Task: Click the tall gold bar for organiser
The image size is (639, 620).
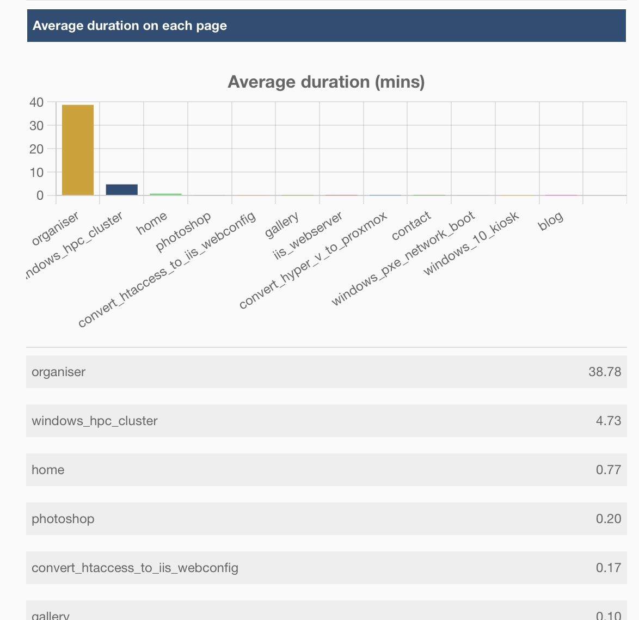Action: click(x=78, y=150)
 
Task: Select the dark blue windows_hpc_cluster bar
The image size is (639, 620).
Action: click(x=121, y=189)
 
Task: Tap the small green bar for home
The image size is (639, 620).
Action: click(x=165, y=194)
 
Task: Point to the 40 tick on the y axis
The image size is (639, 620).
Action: click(x=36, y=102)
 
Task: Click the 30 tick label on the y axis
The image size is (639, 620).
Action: click(x=36, y=126)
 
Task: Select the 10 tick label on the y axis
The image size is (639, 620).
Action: click(x=36, y=173)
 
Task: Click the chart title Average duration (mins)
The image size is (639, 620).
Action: click(x=326, y=82)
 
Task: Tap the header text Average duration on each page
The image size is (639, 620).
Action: click(x=130, y=26)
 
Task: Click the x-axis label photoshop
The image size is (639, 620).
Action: click(x=183, y=232)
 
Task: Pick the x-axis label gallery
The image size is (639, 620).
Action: click(x=282, y=225)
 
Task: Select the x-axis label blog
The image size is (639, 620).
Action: click(x=550, y=221)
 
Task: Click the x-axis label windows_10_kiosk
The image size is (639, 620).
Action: click(x=471, y=243)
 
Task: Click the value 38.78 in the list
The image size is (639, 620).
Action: click(x=604, y=372)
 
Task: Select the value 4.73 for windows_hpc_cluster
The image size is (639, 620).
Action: click(x=608, y=421)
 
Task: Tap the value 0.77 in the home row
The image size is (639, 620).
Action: click(x=608, y=470)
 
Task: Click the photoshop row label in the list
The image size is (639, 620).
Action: click(x=63, y=519)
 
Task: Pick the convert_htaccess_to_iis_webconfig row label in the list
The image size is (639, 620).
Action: click(x=135, y=568)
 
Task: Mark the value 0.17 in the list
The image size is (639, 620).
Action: click(x=608, y=568)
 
